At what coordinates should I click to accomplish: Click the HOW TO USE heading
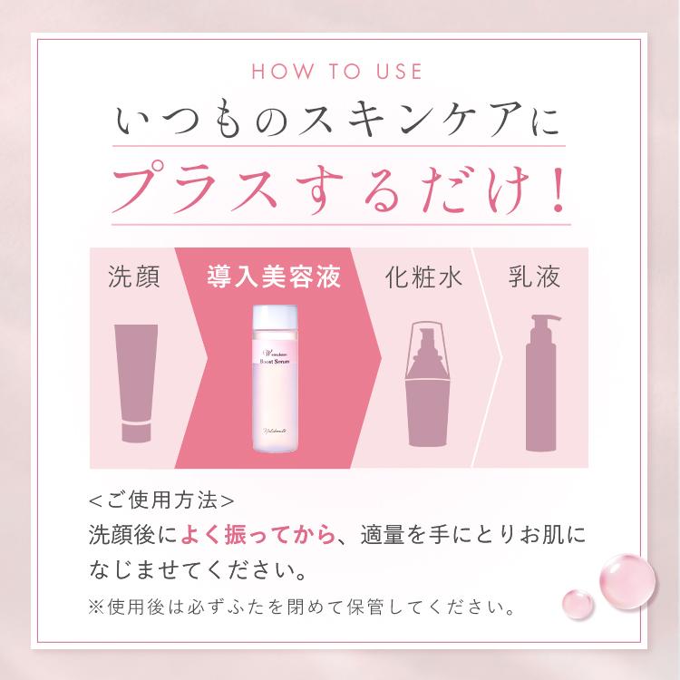(340, 72)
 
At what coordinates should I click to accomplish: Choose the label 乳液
(535, 277)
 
